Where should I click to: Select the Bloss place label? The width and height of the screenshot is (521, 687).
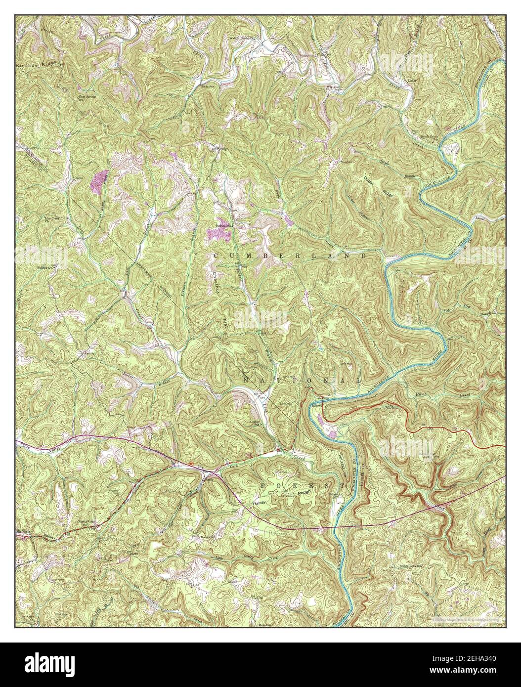click(78, 177)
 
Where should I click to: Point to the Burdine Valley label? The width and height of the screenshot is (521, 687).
click(35, 534)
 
